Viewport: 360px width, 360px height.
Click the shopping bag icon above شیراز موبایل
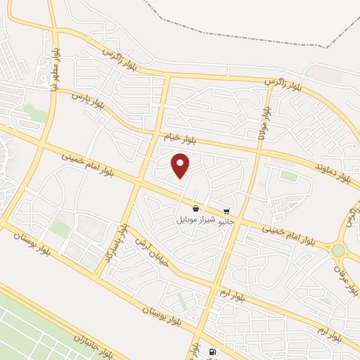tap(195, 209)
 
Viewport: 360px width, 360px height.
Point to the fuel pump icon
tap(212, 352)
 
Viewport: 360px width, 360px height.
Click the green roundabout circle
tap(339, 250)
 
